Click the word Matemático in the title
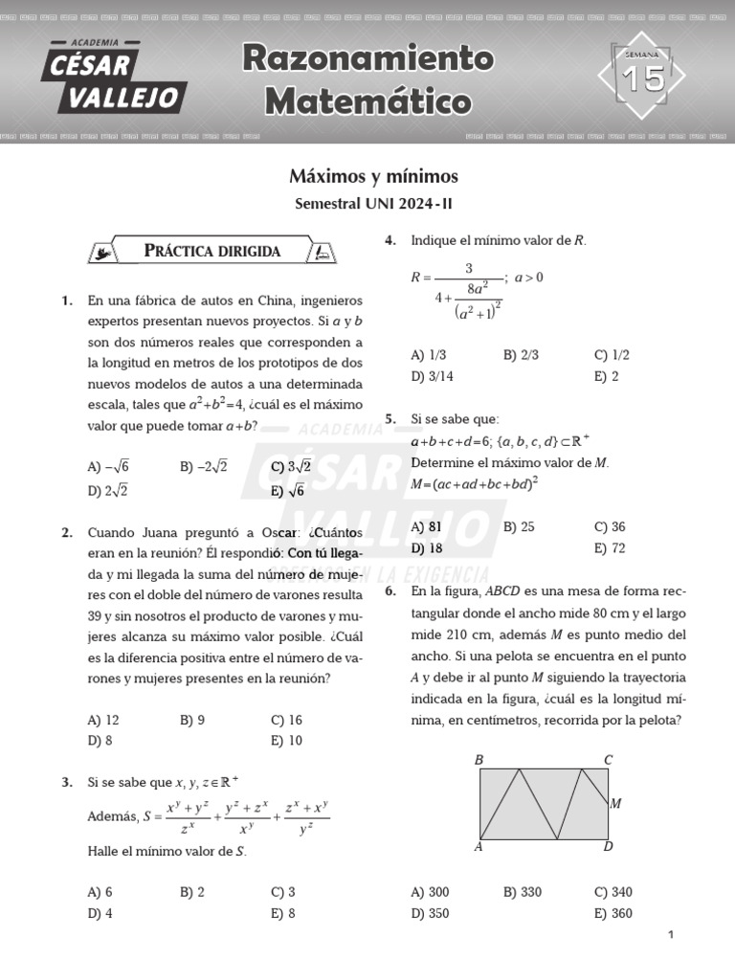(367, 100)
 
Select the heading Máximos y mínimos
(373, 177)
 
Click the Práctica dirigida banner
(212, 251)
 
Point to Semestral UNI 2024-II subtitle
(373, 204)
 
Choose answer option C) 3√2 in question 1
(291, 466)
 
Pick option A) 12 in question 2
(103, 720)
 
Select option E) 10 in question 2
(286, 740)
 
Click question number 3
(67, 782)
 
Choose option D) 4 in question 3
(100, 913)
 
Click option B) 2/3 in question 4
(521, 354)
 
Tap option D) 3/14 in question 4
(432, 376)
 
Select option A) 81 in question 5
(426, 526)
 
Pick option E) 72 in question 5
(610, 548)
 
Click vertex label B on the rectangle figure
(479, 760)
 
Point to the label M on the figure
(616, 804)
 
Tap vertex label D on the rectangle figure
(608, 847)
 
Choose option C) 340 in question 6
(612, 892)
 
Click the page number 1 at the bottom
(671, 935)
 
